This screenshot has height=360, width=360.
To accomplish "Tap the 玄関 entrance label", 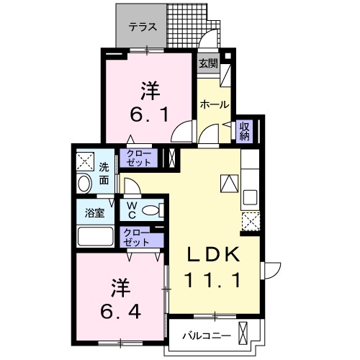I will [x=209, y=63].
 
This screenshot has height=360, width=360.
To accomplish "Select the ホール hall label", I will [x=215, y=104].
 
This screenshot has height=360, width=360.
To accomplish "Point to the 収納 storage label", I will [x=245, y=131].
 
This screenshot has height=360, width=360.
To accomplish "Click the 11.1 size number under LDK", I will [x=214, y=279].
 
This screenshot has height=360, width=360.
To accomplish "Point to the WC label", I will [x=132, y=211].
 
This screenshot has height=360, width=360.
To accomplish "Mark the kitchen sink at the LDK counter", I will [x=251, y=197].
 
